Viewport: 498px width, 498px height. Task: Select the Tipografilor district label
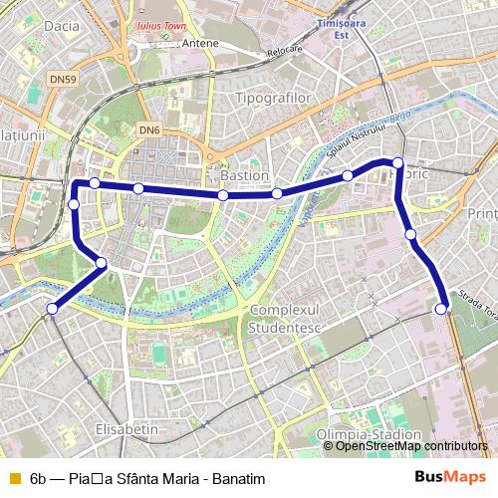[273, 99]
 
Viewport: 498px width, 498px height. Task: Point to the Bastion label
[244, 175]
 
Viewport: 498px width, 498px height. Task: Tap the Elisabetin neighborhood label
[125, 427]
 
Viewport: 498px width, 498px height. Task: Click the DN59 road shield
[63, 79]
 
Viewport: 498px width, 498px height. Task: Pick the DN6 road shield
[149, 129]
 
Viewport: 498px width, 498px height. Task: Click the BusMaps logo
[458, 478]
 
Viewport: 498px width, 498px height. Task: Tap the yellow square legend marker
[13, 478]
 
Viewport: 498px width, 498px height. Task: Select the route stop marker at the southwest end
[52, 309]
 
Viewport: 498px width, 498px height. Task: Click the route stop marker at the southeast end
[441, 310]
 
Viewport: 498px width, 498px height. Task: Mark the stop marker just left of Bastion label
[223, 195]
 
